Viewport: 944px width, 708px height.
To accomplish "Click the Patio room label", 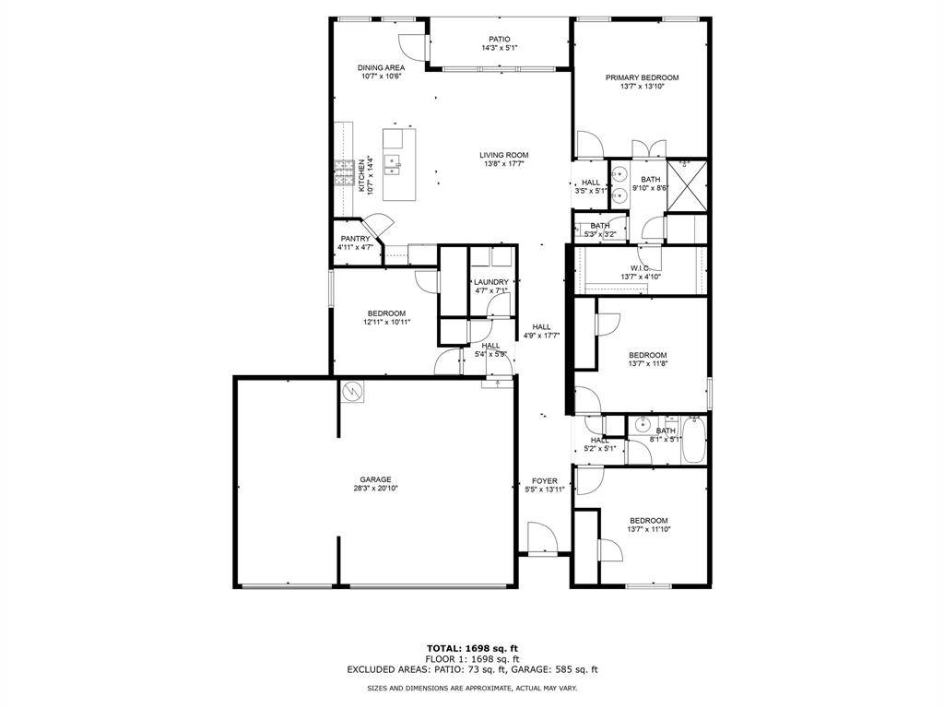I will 499,39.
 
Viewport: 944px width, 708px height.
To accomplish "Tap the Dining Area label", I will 381,67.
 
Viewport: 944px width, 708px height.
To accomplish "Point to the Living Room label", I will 503,155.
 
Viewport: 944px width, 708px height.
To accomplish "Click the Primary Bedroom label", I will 642,77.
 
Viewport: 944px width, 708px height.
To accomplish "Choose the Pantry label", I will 355,239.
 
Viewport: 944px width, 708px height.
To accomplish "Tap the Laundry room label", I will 490,282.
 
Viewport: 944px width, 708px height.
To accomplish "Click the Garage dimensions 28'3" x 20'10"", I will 375,489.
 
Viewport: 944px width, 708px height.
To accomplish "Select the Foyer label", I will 544,481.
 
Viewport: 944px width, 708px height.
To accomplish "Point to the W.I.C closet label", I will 641,267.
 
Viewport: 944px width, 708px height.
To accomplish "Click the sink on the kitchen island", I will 392,164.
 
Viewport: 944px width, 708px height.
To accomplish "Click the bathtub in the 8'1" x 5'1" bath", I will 694,439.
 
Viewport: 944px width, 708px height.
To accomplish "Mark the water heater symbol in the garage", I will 352,393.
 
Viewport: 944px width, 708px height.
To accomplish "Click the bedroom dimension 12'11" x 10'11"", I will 386,323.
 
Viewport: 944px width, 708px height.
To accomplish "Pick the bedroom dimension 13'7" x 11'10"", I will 647,529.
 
